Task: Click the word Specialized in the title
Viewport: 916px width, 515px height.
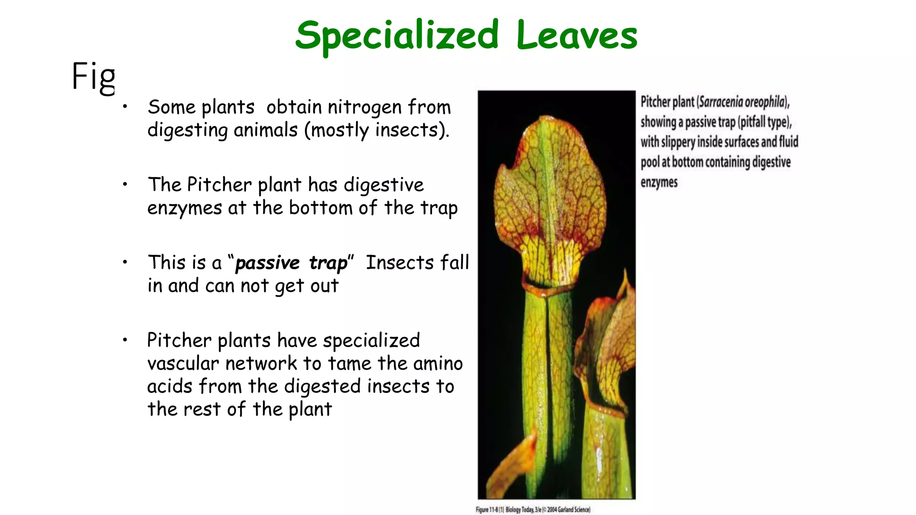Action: [397, 36]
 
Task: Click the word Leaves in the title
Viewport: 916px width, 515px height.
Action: [577, 36]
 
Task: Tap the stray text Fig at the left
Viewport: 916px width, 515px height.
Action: [93, 77]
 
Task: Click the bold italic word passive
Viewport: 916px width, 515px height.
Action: [267, 263]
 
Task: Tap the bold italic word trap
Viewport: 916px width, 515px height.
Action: [328, 263]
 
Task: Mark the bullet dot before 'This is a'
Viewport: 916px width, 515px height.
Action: [125, 262]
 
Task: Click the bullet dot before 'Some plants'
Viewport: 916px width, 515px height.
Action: [125, 106]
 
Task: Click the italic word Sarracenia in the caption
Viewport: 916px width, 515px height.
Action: [720, 102]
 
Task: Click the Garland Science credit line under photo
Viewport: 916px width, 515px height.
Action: [533, 510]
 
